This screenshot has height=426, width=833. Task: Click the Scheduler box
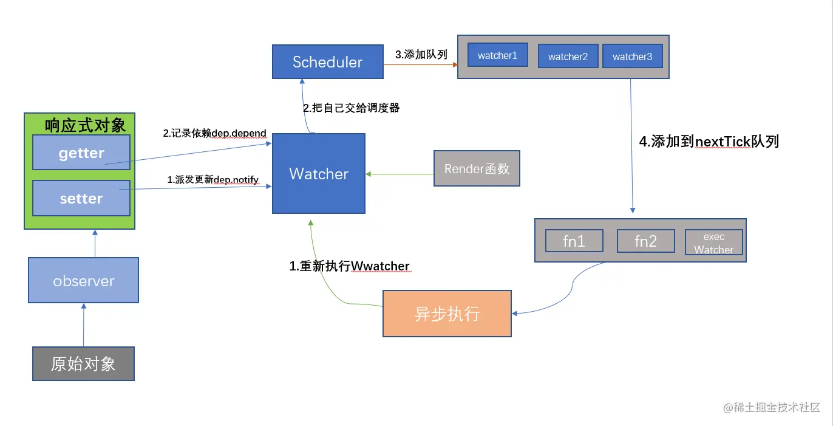tap(328, 62)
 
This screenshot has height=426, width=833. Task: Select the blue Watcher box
tap(319, 174)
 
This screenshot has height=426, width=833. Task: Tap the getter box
tap(81, 153)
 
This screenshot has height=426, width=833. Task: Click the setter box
tap(81, 199)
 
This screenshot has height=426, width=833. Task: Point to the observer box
tap(84, 281)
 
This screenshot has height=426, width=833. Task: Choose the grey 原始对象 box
tap(83, 364)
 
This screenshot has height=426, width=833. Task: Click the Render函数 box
tap(477, 168)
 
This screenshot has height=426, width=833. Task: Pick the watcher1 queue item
tap(498, 55)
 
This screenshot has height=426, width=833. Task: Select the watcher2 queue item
tap(568, 57)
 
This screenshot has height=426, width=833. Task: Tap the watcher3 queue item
tap(633, 57)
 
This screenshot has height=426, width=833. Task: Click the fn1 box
tap(574, 241)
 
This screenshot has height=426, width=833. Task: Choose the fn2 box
tap(646, 241)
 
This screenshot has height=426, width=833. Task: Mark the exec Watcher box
tap(714, 242)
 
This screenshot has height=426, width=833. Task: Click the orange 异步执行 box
tap(447, 314)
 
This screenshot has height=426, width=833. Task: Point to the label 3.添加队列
tap(421, 55)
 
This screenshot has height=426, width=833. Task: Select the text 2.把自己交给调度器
tap(352, 108)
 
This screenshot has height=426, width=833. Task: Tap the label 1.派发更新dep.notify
tap(213, 179)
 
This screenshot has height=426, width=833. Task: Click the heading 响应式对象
tap(85, 125)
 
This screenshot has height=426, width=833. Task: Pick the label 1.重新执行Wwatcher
tap(350, 267)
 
